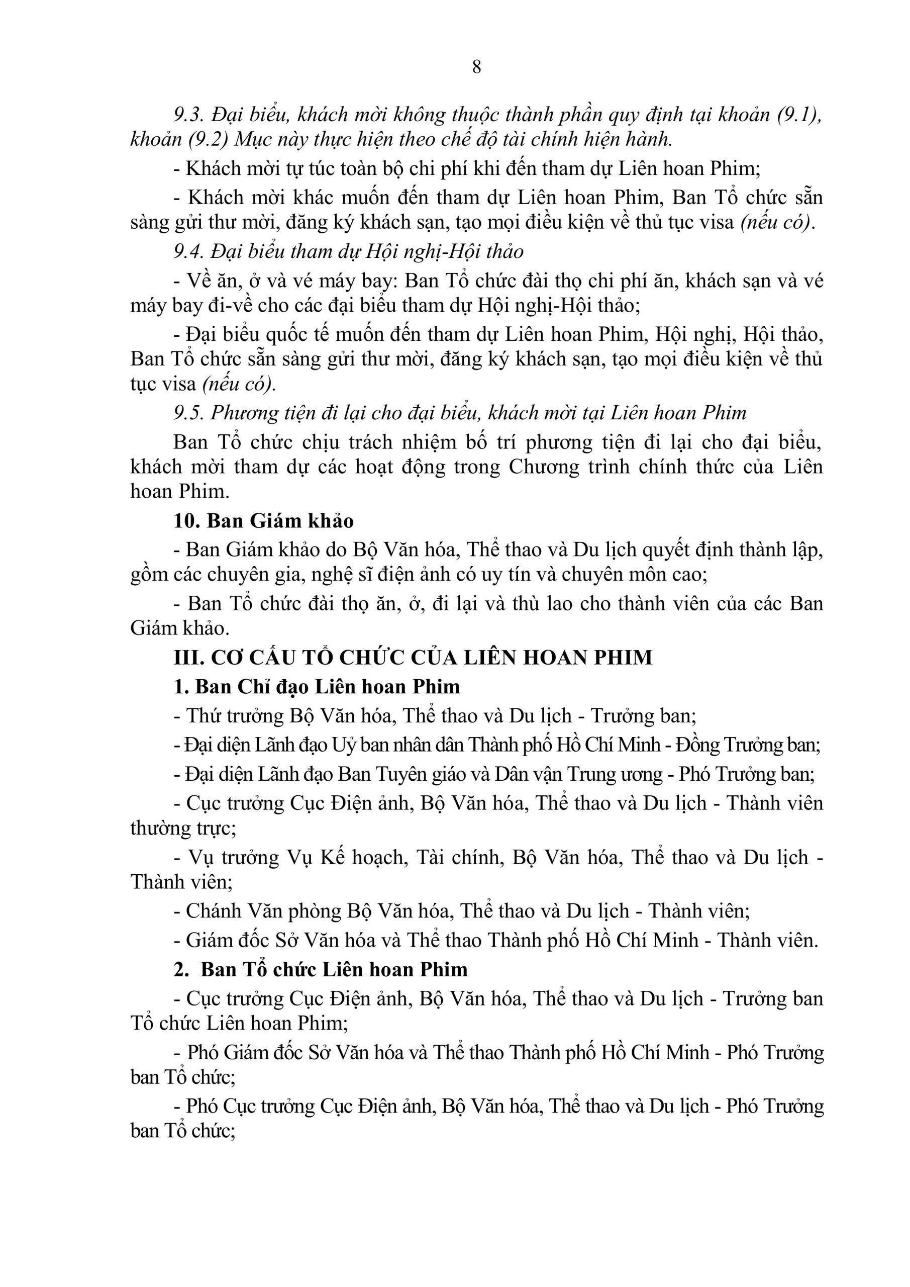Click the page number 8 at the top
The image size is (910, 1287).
(x=476, y=67)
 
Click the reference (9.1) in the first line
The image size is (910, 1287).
(x=798, y=115)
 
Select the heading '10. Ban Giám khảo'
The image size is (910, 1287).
(x=263, y=521)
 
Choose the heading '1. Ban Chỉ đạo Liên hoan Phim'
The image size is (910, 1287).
(x=317, y=687)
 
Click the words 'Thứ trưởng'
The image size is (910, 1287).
(x=235, y=716)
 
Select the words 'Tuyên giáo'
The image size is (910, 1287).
(x=422, y=774)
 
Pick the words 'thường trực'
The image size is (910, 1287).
(x=183, y=828)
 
